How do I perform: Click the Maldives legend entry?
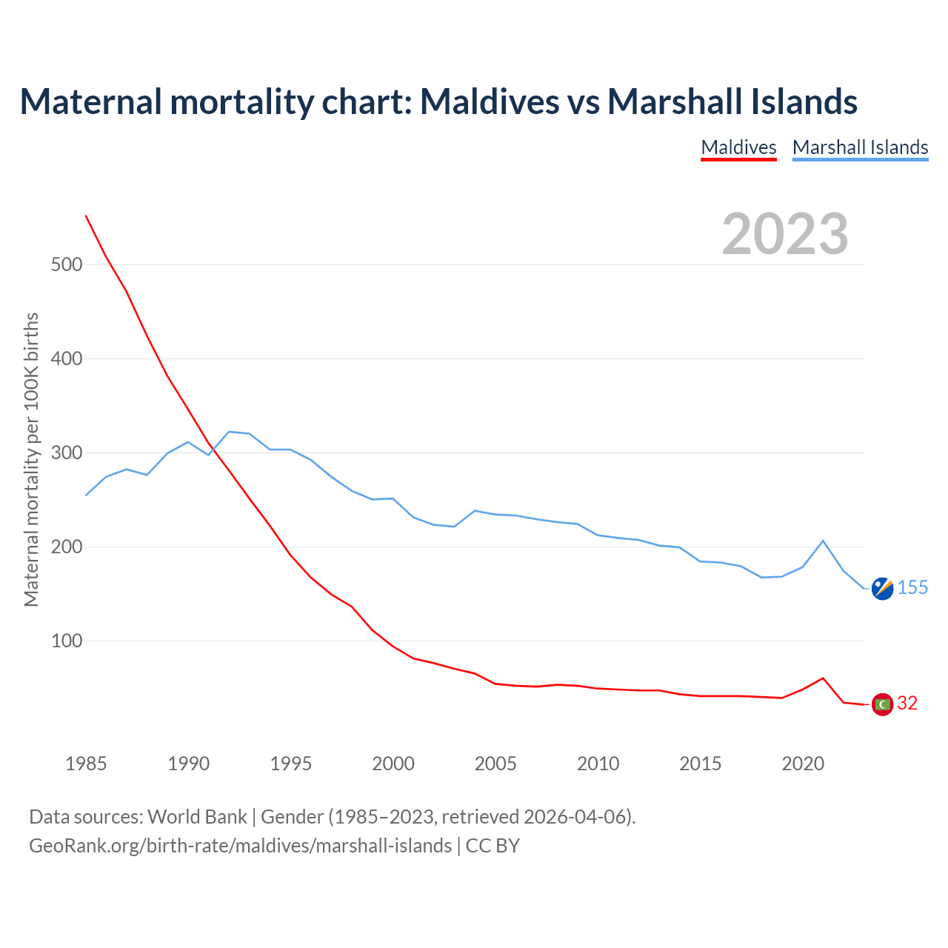click(x=738, y=147)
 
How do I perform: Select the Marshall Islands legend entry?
click(x=860, y=147)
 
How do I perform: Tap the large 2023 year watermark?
click(x=785, y=234)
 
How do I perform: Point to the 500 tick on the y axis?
click(x=67, y=264)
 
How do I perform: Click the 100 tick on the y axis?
click(x=67, y=641)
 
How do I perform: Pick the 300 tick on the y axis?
click(x=67, y=453)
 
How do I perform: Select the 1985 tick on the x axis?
click(x=86, y=764)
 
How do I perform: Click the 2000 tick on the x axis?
click(x=393, y=764)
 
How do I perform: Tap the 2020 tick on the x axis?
click(x=803, y=764)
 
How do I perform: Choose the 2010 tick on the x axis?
click(x=598, y=764)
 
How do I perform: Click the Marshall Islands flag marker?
click(x=882, y=588)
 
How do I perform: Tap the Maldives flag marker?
click(x=882, y=704)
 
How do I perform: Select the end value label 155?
click(x=912, y=588)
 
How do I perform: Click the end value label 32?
click(x=907, y=704)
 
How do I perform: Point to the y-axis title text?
click(x=31, y=459)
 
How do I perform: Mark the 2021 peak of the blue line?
click(x=823, y=541)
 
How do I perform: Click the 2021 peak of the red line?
click(x=823, y=678)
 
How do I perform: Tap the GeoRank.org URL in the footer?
click(x=240, y=846)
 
